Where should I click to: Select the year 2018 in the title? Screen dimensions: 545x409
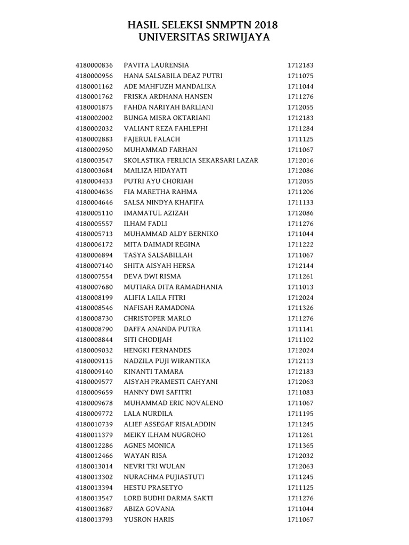coord(267,25)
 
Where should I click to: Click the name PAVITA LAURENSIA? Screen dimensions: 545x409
coord(156,65)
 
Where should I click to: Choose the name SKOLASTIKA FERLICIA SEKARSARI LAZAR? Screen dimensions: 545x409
coord(191,160)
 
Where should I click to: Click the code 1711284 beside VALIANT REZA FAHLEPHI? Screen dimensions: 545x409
coord(300,128)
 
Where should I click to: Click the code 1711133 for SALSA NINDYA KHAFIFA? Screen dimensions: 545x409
coord(300,202)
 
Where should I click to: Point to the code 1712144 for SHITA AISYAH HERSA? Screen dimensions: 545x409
coord(300,266)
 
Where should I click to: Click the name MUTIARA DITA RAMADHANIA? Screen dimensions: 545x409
coord(166,287)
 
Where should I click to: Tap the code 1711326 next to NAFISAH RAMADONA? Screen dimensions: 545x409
coord(300,308)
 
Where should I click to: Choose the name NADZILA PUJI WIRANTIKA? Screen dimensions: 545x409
coord(167,361)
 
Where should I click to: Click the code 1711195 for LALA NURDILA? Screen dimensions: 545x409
coord(300,414)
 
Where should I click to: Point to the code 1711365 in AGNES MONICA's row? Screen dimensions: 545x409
coord(300,445)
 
